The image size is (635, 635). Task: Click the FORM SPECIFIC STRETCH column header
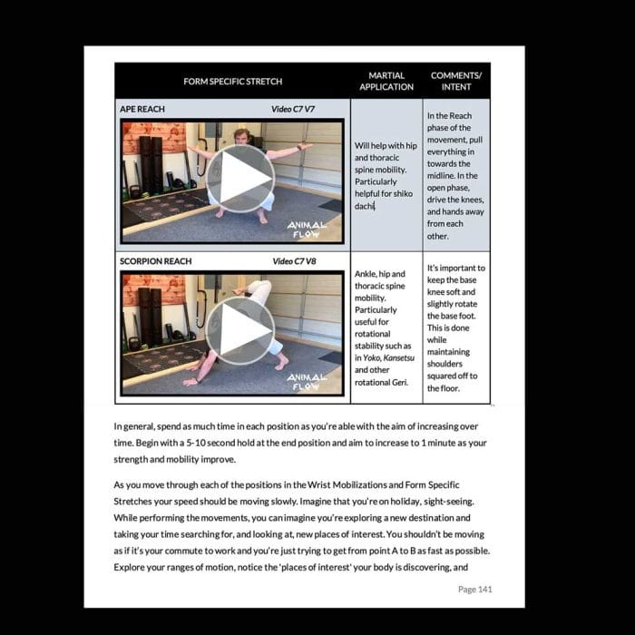(232, 82)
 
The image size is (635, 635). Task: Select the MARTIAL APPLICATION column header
(386, 81)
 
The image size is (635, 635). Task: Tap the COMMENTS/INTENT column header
(456, 81)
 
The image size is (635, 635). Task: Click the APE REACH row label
(143, 109)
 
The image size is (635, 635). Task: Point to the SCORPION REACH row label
(156, 261)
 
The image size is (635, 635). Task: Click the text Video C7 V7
(293, 109)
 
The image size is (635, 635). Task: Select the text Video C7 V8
(293, 261)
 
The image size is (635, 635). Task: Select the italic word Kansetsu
(396, 358)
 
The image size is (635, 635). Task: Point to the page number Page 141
(475, 589)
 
